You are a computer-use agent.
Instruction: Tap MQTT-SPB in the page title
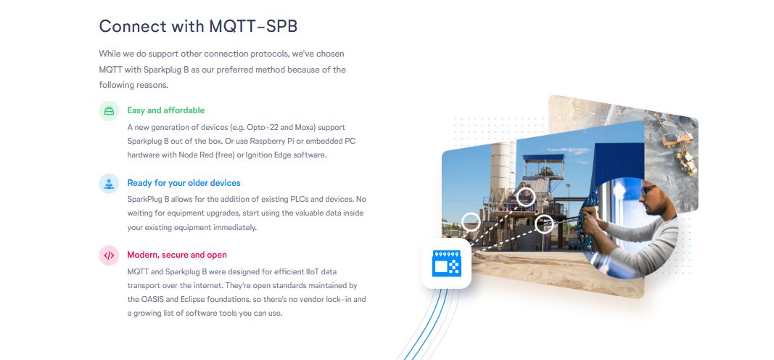(x=253, y=26)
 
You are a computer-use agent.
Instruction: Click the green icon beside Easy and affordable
(x=109, y=110)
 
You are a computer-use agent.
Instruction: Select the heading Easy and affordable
(x=166, y=110)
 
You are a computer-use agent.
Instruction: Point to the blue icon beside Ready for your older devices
(x=109, y=183)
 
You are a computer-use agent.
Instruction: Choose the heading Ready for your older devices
(x=184, y=183)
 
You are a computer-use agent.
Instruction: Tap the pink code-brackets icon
(x=109, y=255)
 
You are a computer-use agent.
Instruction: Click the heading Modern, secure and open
(x=177, y=255)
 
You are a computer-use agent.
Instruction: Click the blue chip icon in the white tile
(x=446, y=263)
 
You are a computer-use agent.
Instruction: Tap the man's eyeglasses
(x=647, y=189)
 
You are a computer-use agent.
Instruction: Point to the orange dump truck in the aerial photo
(x=675, y=139)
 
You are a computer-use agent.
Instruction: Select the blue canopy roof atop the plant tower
(x=543, y=158)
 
